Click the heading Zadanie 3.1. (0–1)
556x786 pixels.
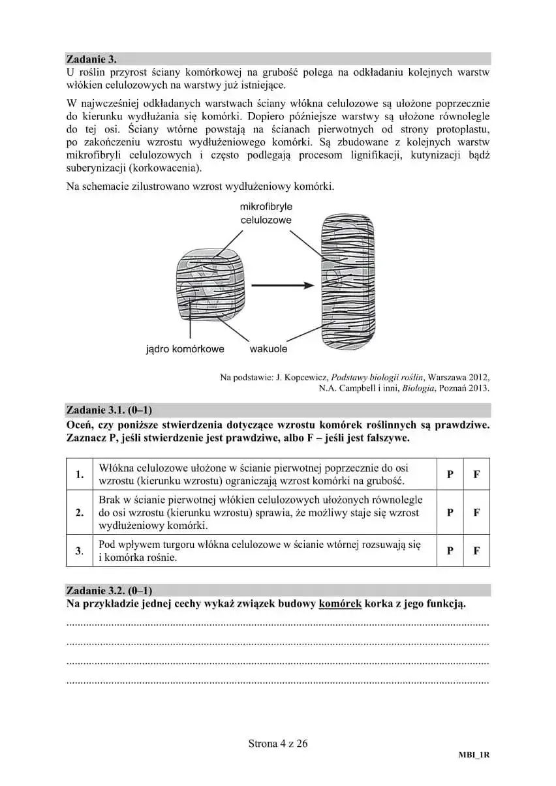(x=109, y=410)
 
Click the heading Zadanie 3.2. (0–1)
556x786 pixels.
(x=109, y=590)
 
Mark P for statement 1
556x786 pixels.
(x=450, y=475)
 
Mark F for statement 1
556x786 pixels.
(x=476, y=475)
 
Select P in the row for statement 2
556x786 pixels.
(x=450, y=512)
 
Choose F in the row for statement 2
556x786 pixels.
(x=476, y=512)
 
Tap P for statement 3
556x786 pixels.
(x=450, y=551)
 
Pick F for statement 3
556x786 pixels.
(x=476, y=551)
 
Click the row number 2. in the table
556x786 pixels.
(x=80, y=512)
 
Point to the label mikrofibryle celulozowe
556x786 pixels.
(x=266, y=213)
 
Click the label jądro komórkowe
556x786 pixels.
(x=185, y=349)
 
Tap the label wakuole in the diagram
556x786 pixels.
(x=268, y=349)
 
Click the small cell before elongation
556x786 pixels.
(x=211, y=286)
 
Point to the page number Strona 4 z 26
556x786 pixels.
(x=277, y=743)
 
